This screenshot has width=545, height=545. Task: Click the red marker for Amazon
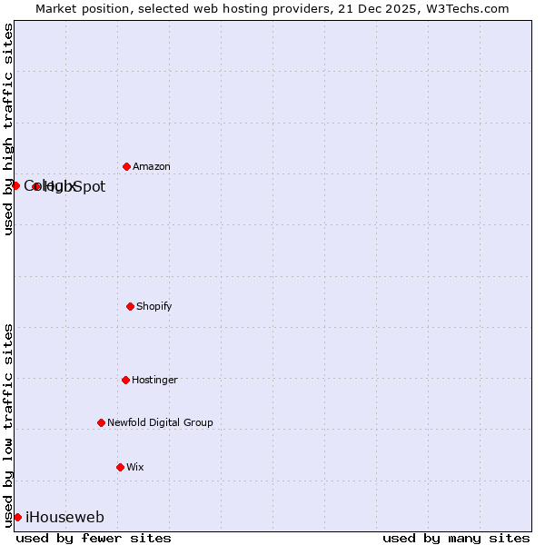pyautogui.click(x=126, y=166)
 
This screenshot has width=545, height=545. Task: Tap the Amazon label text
pyautogui.click(x=151, y=167)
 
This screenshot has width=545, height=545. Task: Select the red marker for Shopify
pyautogui.click(x=130, y=306)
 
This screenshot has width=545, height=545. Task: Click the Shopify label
pyautogui.click(x=154, y=307)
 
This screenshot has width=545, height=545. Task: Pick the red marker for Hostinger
pyautogui.click(x=125, y=380)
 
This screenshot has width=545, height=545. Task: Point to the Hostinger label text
pyautogui.click(x=154, y=381)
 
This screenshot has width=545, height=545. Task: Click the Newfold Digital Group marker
pyautogui.click(x=101, y=422)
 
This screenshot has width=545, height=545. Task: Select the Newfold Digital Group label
pyautogui.click(x=160, y=423)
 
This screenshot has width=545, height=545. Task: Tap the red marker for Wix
pyautogui.click(x=120, y=467)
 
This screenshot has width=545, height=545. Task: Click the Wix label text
pyautogui.click(x=134, y=468)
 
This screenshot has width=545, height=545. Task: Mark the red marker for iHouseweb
pyautogui.click(x=17, y=517)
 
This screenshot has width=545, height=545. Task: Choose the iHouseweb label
pyautogui.click(x=64, y=518)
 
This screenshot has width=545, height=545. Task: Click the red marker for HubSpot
pyautogui.click(x=36, y=186)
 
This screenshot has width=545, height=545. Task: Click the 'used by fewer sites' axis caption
pyautogui.click(x=94, y=538)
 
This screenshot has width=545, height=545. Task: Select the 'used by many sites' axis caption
pyautogui.click(x=456, y=538)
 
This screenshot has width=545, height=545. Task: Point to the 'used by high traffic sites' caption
pyautogui.click(x=8, y=129)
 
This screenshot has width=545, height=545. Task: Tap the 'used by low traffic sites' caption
pyautogui.click(x=8, y=424)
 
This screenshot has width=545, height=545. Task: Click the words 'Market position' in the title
pyautogui.click(x=77, y=8)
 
